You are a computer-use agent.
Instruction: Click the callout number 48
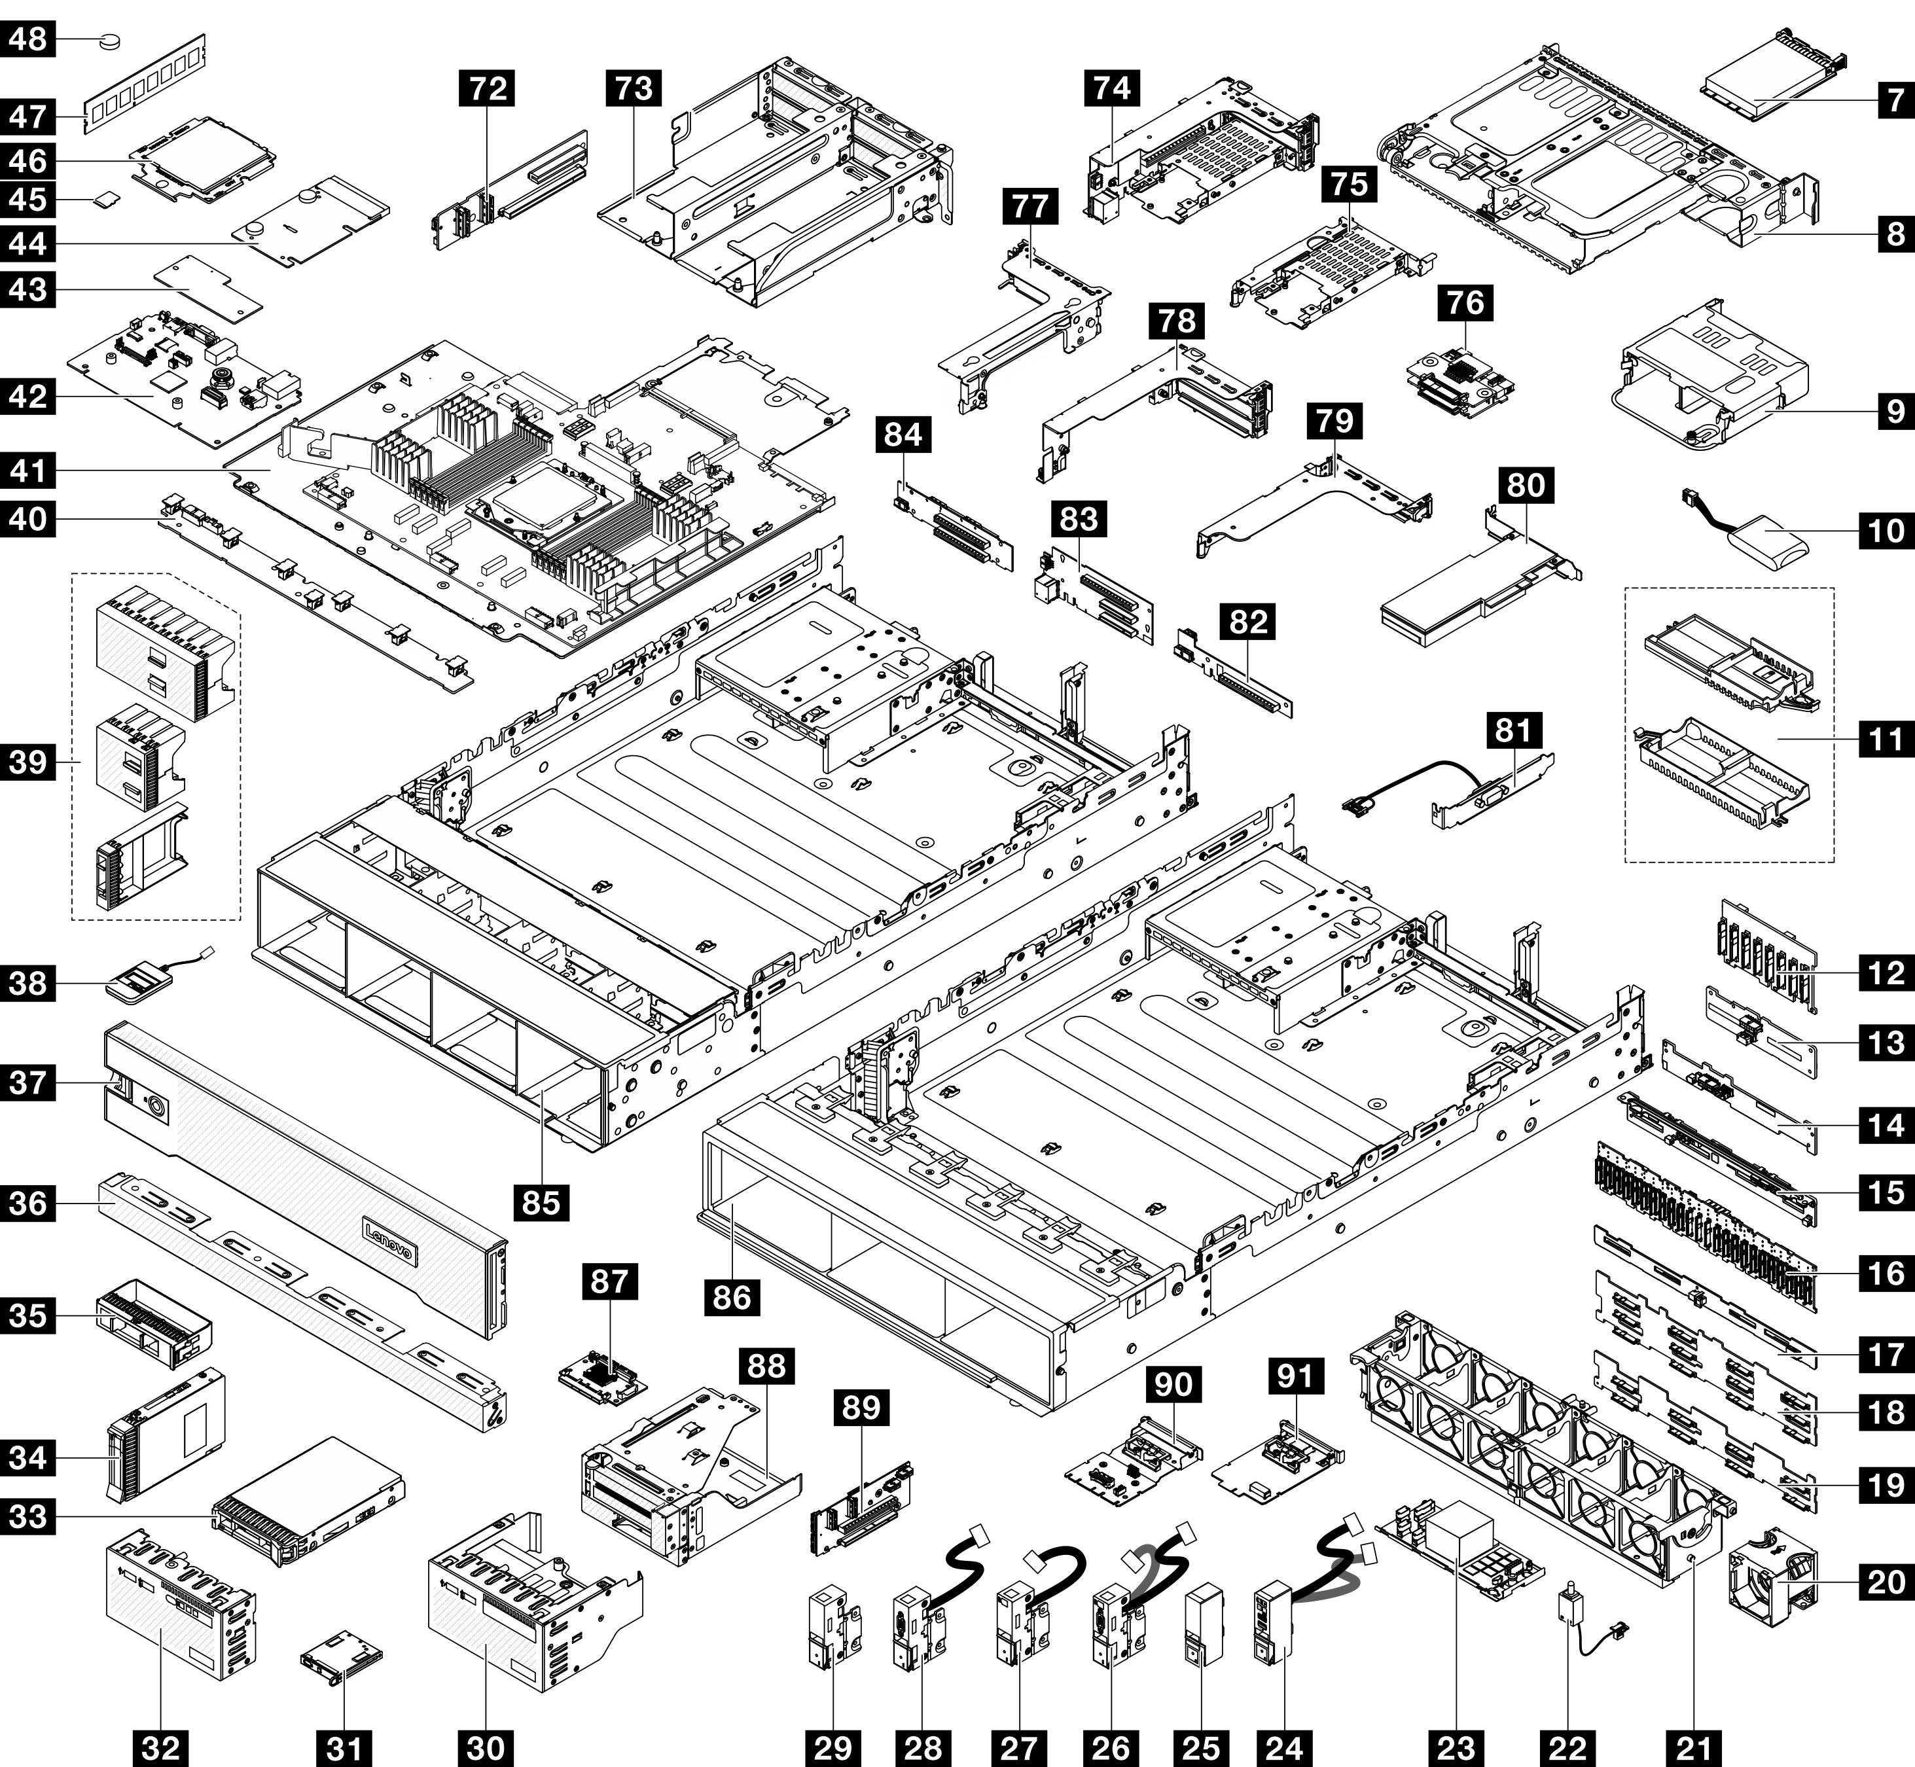click(29, 41)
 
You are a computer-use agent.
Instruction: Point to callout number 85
click(541, 1202)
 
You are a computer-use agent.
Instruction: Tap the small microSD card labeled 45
click(107, 200)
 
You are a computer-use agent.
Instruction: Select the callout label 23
click(1456, 1748)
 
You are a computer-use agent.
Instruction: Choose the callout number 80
click(1526, 485)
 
